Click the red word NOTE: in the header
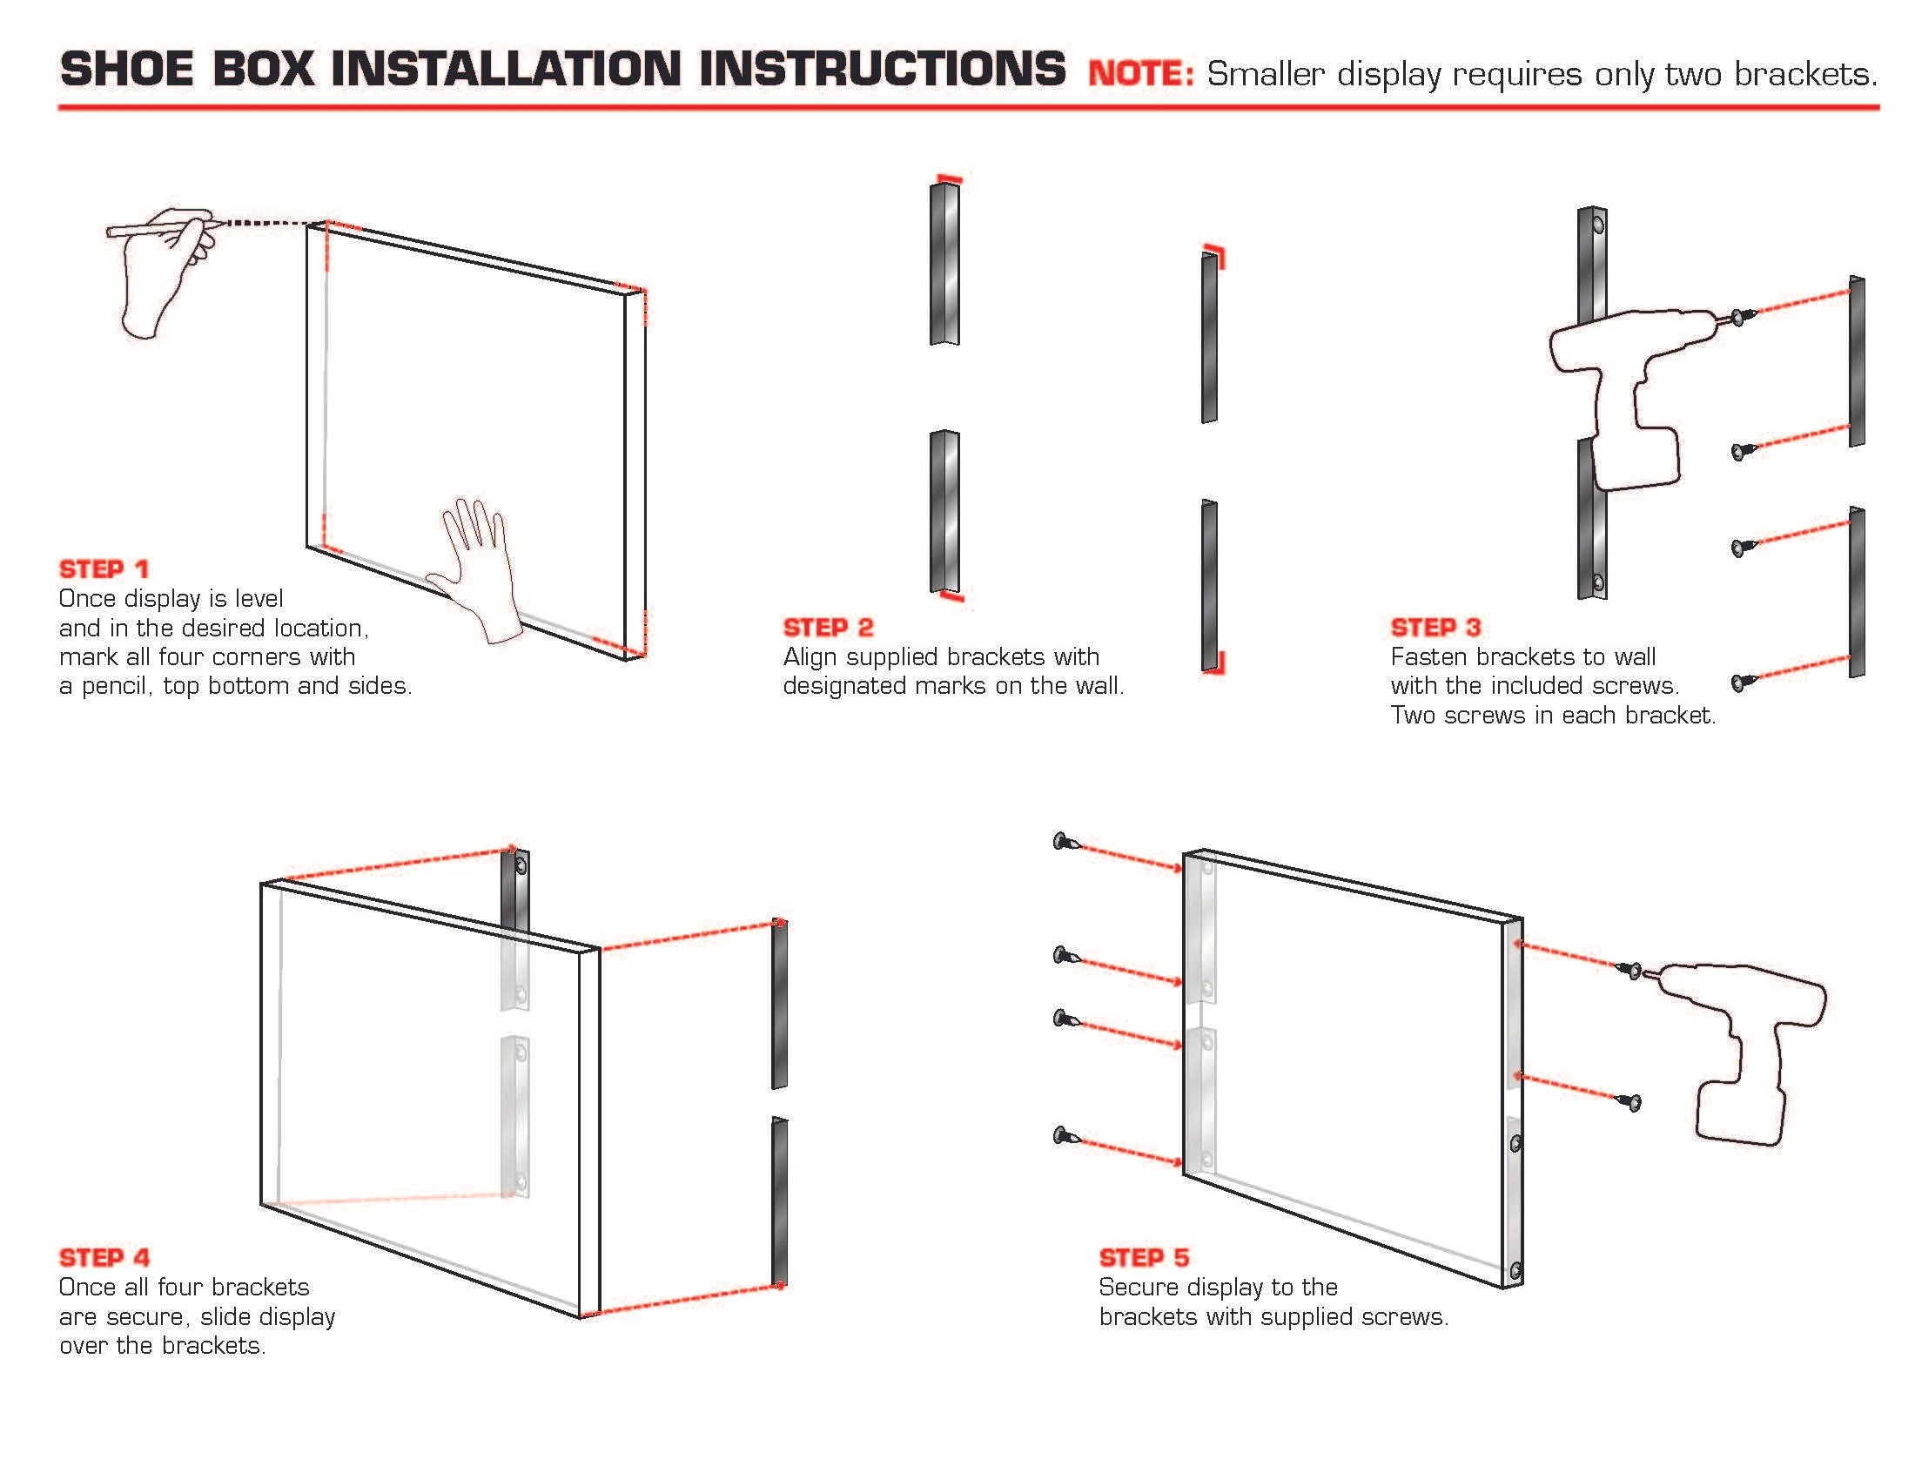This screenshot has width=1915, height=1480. (x=1141, y=74)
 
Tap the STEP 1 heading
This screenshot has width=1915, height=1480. (x=104, y=569)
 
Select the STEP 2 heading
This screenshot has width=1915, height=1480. (x=828, y=628)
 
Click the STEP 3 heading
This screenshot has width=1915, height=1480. (x=1435, y=628)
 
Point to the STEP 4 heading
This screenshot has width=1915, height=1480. (x=104, y=1257)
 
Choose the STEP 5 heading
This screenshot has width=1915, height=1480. (x=1144, y=1257)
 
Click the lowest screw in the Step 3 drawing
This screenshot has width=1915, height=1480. (x=1741, y=682)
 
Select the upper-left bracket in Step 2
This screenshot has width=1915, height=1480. (x=944, y=263)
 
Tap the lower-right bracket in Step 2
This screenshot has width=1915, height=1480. (x=1209, y=586)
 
